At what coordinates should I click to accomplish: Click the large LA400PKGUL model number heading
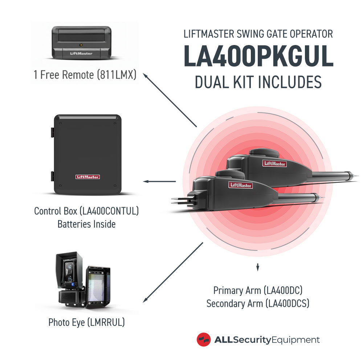[x=258, y=57]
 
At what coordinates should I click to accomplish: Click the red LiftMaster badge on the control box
[x=87, y=177]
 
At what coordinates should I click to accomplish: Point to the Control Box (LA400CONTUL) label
[x=86, y=211]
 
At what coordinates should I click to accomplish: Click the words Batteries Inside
[x=86, y=224]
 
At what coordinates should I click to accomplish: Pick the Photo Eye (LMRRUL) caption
[x=86, y=322]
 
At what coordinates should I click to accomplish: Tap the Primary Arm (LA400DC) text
[x=258, y=290]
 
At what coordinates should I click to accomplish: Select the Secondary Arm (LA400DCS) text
[x=258, y=303]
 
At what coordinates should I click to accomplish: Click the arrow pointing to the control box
[x=160, y=181]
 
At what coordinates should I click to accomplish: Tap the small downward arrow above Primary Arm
[x=258, y=268]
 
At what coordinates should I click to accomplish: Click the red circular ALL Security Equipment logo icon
[x=204, y=340]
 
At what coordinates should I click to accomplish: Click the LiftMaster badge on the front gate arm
[x=240, y=185]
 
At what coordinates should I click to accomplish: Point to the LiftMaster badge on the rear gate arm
[x=274, y=164]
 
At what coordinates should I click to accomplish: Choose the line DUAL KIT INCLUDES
[x=258, y=82]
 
